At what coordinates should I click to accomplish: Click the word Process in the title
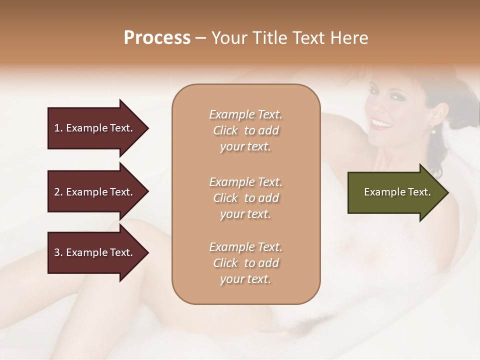(x=157, y=38)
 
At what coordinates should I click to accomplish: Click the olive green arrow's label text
(x=397, y=192)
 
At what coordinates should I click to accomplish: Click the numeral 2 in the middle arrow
(x=57, y=192)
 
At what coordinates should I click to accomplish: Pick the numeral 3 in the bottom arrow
(x=57, y=252)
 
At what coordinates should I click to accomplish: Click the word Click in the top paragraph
(x=225, y=130)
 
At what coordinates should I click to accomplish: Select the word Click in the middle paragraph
(x=225, y=198)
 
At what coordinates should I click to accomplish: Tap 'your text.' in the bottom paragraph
(x=245, y=279)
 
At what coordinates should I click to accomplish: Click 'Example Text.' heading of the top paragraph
(x=245, y=114)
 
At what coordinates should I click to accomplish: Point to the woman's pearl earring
(x=433, y=130)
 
